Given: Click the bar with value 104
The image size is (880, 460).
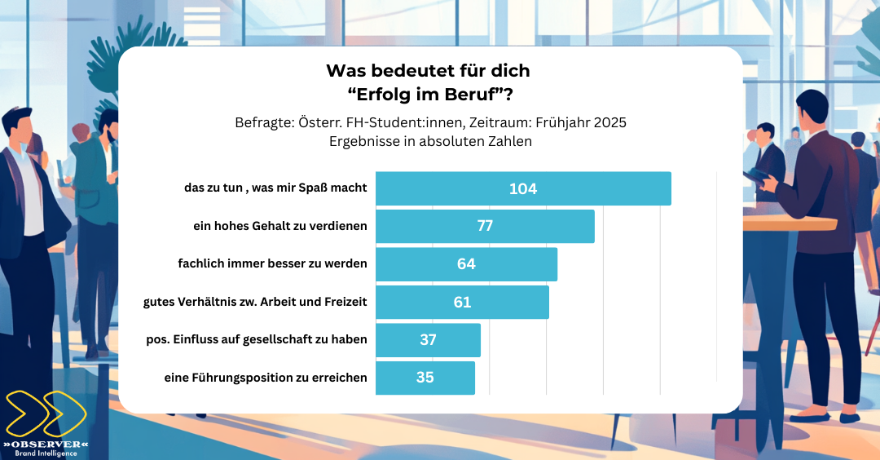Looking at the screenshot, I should tap(523, 188).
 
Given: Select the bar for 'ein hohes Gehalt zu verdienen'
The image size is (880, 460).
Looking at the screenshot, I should tap(485, 226).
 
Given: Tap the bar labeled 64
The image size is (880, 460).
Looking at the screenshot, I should tap(466, 264).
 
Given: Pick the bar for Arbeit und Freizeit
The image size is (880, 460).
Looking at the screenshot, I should tap(462, 302).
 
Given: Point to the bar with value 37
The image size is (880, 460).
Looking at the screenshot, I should tap(428, 340).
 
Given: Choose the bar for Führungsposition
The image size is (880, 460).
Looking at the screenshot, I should tap(425, 378).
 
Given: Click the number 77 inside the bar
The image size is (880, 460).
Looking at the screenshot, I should tap(485, 226).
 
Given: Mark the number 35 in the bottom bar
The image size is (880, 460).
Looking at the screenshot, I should tap(425, 378).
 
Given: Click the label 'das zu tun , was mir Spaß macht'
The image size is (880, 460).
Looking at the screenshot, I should tap(275, 188).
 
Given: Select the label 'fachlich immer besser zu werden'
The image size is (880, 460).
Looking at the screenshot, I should tap(272, 263).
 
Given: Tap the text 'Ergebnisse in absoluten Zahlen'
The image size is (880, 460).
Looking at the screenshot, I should tap(430, 140).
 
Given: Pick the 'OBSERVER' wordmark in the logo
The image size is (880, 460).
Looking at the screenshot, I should tap(46, 444).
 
